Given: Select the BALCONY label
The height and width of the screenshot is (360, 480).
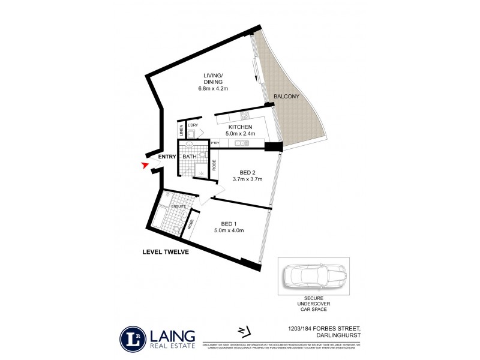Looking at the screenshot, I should pos(286,97).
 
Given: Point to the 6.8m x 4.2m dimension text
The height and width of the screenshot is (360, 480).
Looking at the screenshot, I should pos(214,89).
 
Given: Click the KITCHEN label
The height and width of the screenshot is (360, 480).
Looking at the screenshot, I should pos(240,127).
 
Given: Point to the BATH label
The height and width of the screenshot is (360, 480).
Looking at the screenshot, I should pos(190,157).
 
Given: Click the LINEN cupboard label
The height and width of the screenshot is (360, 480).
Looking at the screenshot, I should pos(181,130).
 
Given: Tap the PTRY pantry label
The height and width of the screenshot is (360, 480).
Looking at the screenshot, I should pos(215,143).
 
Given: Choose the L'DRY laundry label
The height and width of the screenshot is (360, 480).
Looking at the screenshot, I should pos(193,125).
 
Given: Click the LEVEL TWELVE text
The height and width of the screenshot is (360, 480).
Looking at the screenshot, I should pos(165,253).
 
